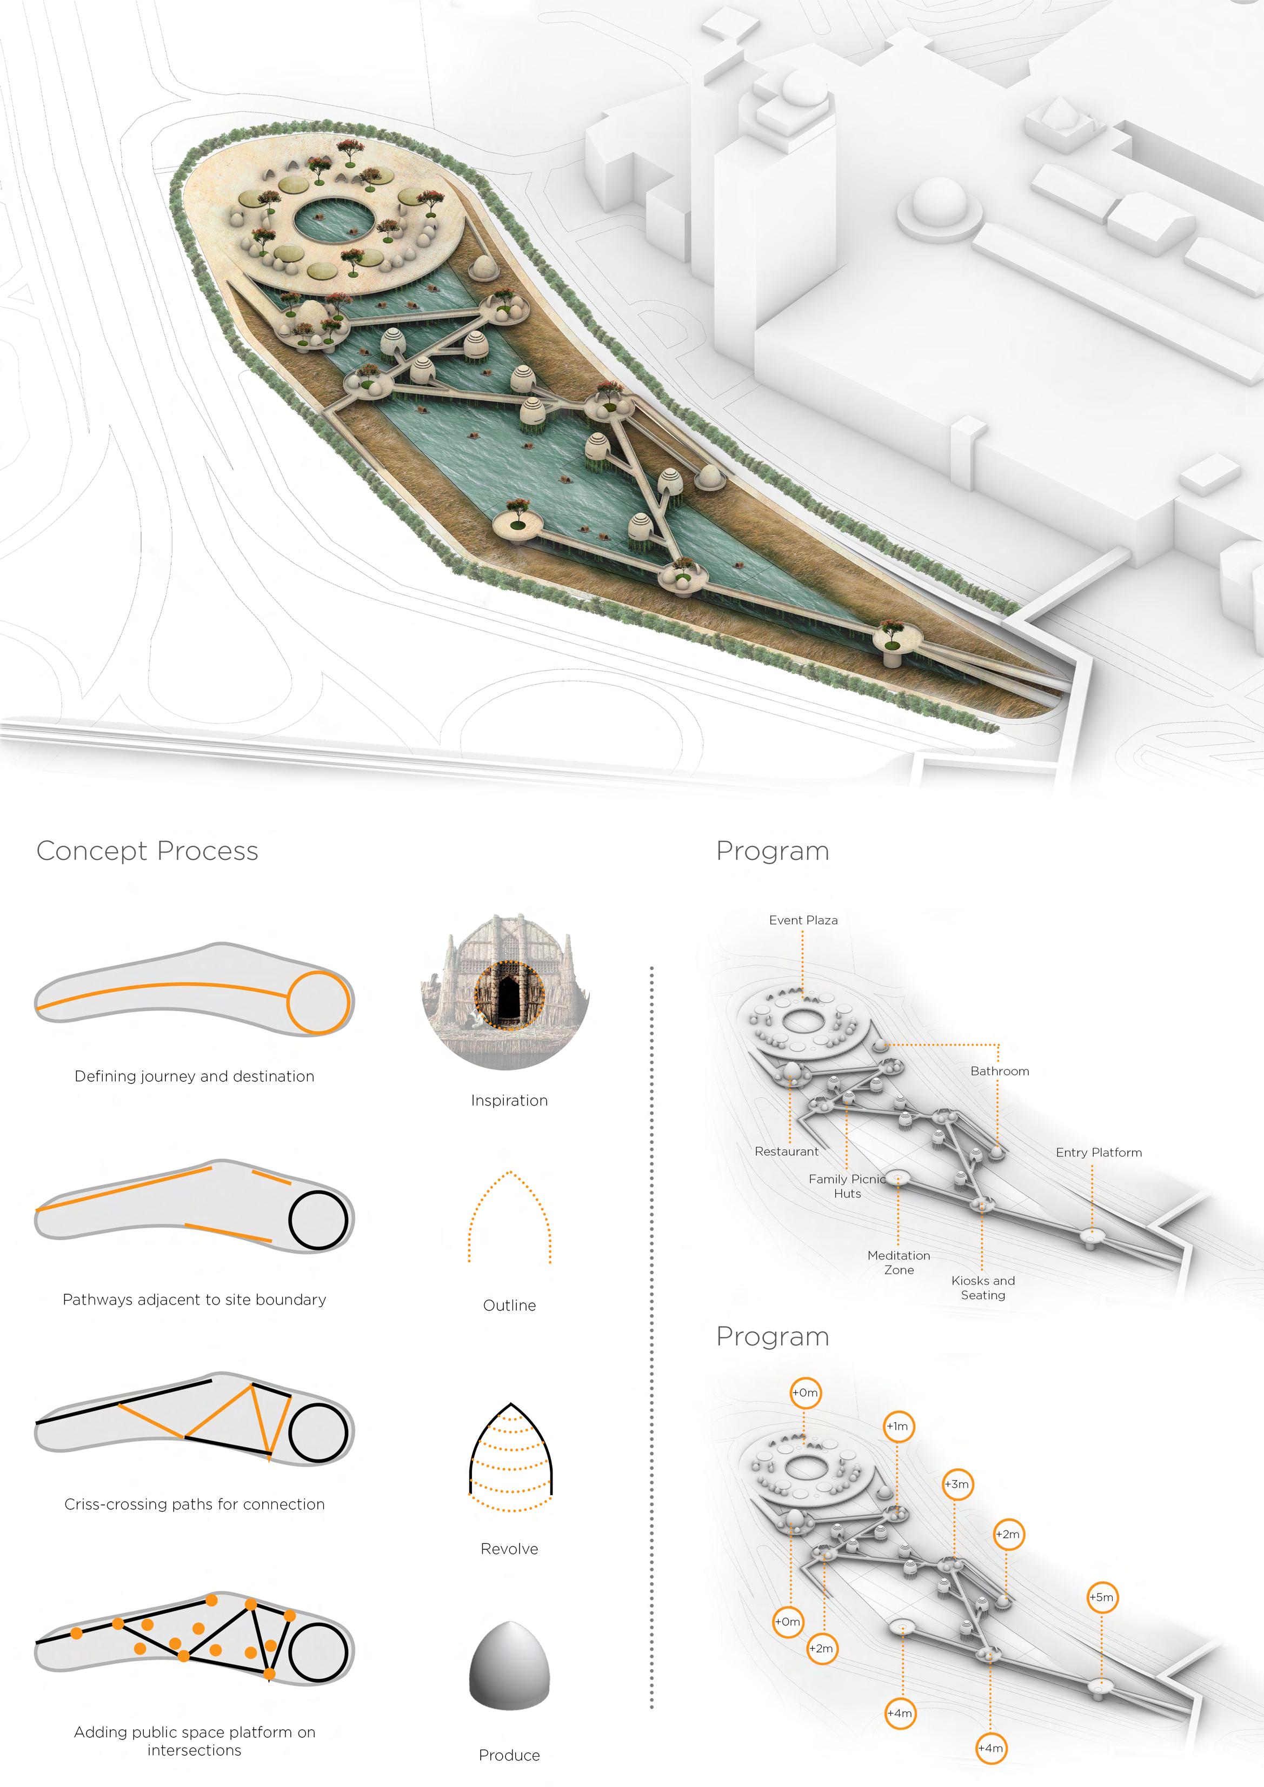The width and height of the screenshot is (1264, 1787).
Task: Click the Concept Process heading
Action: pyautogui.click(x=147, y=851)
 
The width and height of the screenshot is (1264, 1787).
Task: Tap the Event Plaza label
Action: pyautogui.click(x=803, y=920)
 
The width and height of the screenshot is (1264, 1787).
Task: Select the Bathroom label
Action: pyautogui.click(x=999, y=1071)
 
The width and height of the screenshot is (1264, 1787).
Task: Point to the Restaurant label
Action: pyautogui.click(x=786, y=1151)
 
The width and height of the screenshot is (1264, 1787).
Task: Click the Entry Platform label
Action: pyautogui.click(x=1098, y=1152)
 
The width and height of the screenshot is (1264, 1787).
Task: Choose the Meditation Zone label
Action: pyautogui.click(x=898, y=1262)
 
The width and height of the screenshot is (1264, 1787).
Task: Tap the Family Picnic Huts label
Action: pyautogui.click(x=847, y=1186)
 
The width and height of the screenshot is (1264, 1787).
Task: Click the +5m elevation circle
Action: pyautogui.click(x=1101, y=1597)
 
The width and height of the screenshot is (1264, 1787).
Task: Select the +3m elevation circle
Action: pyautogui.click(x=957, y=1484)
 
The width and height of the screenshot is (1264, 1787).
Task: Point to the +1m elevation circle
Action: pyautogui.click(x=897, y=1427)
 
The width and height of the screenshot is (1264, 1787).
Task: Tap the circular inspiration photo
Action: pyautogui.click(x=506, y=992)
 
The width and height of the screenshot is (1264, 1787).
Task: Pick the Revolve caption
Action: pyautogui.click(x=509, y=1549)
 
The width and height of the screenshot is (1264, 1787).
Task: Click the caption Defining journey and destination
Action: pyautogui.click(x=194, y=1076)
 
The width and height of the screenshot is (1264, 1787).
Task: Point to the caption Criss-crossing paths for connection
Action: pyautogui.click(x=194, y=1504)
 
